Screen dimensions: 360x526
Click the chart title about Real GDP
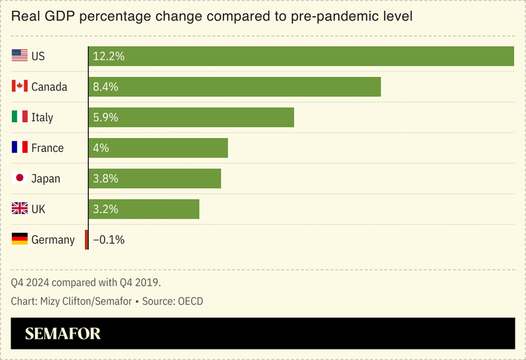(211, 16)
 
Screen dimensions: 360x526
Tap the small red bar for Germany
(86, 240)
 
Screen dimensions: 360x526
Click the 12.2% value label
(109, 56)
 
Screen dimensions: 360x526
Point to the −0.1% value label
(109, 240)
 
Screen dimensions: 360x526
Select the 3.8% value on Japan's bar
(106, 178)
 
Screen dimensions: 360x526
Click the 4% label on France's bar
(101, 148)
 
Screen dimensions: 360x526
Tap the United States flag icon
(20, 56)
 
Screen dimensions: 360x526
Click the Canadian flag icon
(20, 87)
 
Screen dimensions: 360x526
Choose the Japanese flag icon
(20, 178)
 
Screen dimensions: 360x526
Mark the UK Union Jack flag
(20, 209)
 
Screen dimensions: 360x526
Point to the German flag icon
(20, 240)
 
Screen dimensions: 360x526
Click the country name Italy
(42, 117)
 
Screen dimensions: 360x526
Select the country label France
(47, 148)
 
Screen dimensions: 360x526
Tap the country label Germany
(53, 240)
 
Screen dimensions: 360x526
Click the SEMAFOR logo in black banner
(63, 334)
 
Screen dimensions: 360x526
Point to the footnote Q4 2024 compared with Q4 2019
(86, 282)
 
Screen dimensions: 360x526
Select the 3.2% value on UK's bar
(106, 209)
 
